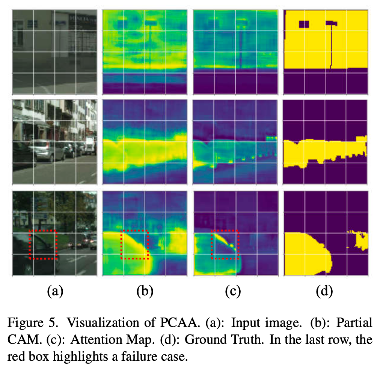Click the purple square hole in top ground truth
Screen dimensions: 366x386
pyautogui.click(x=304, y=24)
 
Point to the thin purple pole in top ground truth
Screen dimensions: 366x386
pyautogui.click(x=332, y=45)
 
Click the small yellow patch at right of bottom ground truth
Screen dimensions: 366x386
pyautogui.click(x=362, y=240)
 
